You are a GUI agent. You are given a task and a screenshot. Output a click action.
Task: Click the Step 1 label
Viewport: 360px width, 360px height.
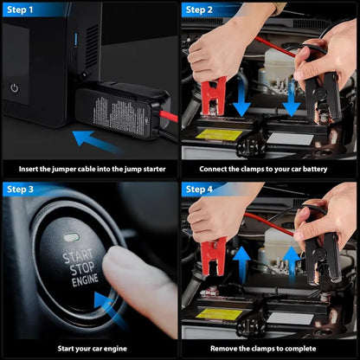point(23,10)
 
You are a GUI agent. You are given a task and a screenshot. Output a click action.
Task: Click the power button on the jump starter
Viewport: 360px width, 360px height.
point(15,88)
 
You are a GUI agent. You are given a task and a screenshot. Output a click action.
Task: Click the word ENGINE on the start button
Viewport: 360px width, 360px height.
point(80,281)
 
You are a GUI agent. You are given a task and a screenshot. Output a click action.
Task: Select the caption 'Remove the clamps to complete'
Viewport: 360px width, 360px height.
point(269,348)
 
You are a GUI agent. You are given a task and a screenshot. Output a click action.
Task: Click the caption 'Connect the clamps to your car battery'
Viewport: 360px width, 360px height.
point(269,169)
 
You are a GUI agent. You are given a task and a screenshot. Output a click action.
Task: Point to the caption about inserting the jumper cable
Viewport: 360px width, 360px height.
point(89,169)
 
